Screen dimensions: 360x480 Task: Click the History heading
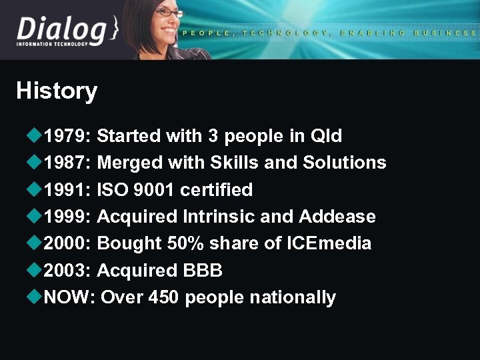(x=57, y=91)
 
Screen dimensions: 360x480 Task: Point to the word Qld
(x=326, y=136)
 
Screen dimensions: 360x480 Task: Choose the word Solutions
(x=344, y=163)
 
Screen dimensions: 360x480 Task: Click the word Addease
(x=337, y=217)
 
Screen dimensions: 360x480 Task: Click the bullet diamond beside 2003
(x=35, y=270)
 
